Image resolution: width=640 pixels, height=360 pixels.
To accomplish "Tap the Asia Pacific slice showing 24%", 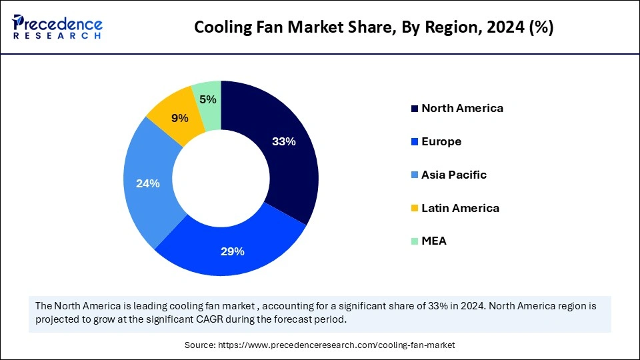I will (x=148, y=183).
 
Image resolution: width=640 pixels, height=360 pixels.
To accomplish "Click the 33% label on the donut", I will (x=284, y=141).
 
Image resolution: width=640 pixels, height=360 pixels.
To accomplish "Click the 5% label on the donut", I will (x=207, y=100).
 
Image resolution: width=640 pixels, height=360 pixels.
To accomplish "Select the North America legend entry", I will (x=462, y=108).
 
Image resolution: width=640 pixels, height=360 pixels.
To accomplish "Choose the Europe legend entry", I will (x=441, y=141).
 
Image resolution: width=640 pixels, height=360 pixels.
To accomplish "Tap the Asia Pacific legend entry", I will (x=453, y=175).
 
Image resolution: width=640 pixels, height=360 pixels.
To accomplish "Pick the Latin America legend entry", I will (x=460, y=208).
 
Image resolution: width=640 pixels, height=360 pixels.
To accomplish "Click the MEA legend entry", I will (x=433, y=241).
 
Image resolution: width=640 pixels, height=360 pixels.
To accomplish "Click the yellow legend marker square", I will (x=415, y=209).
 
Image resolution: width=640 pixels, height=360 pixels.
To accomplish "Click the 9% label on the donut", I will (x=179, y=118).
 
